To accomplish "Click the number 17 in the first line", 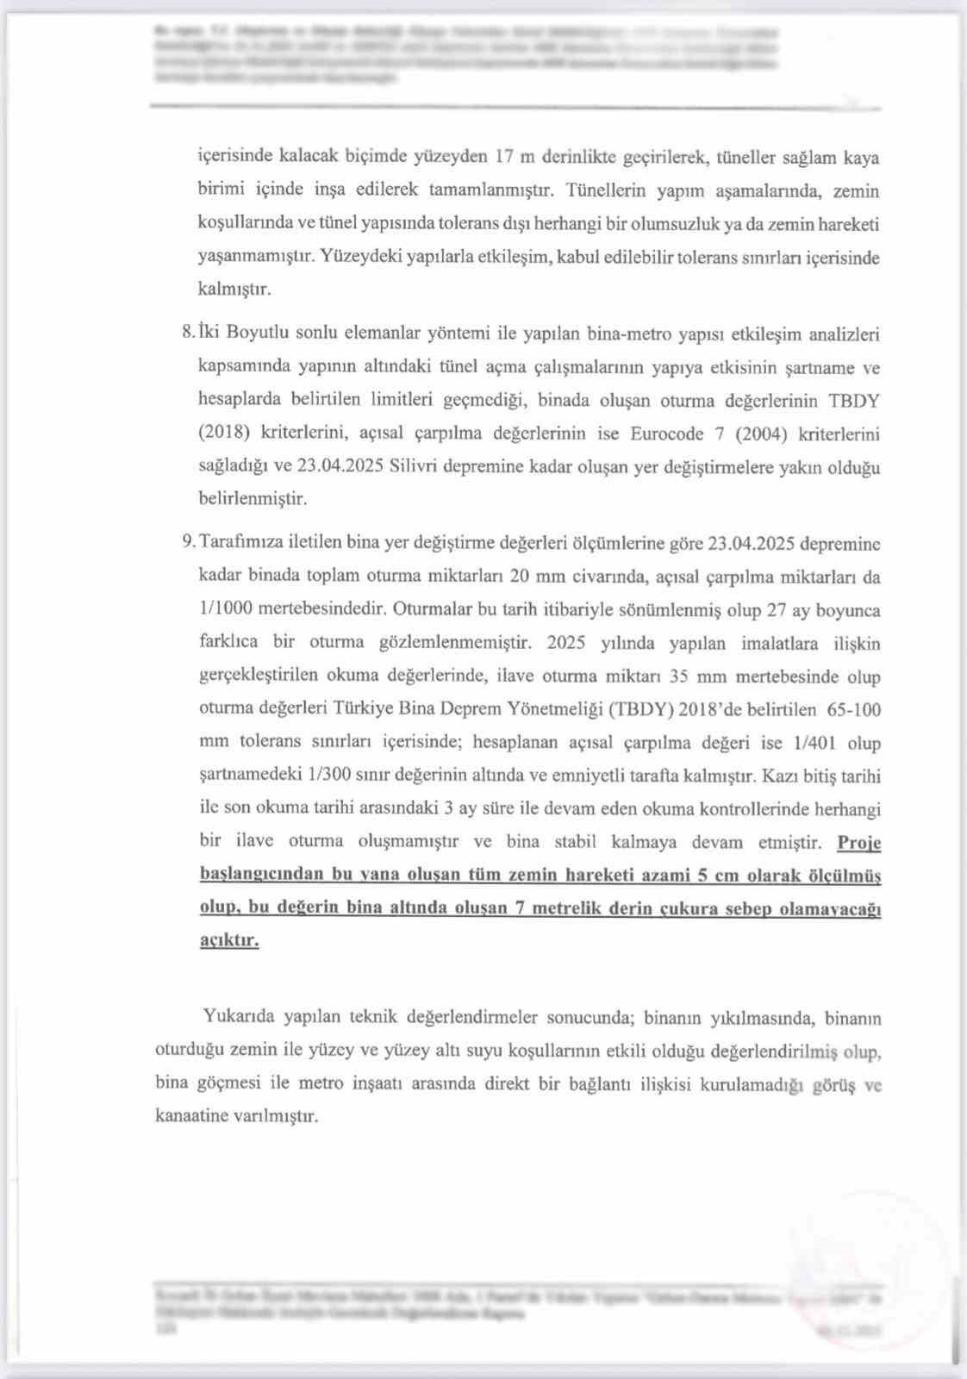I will (505, 157).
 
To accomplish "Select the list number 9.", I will (188, 543).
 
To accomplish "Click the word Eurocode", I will (667, 434).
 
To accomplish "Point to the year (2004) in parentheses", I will (762, 434).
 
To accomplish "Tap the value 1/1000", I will (226, 608).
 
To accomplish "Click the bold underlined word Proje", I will (858, 842).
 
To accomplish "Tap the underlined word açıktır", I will (228, 941).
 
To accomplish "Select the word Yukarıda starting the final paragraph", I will (239, 1016).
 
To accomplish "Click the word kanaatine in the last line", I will (191, 1116).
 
